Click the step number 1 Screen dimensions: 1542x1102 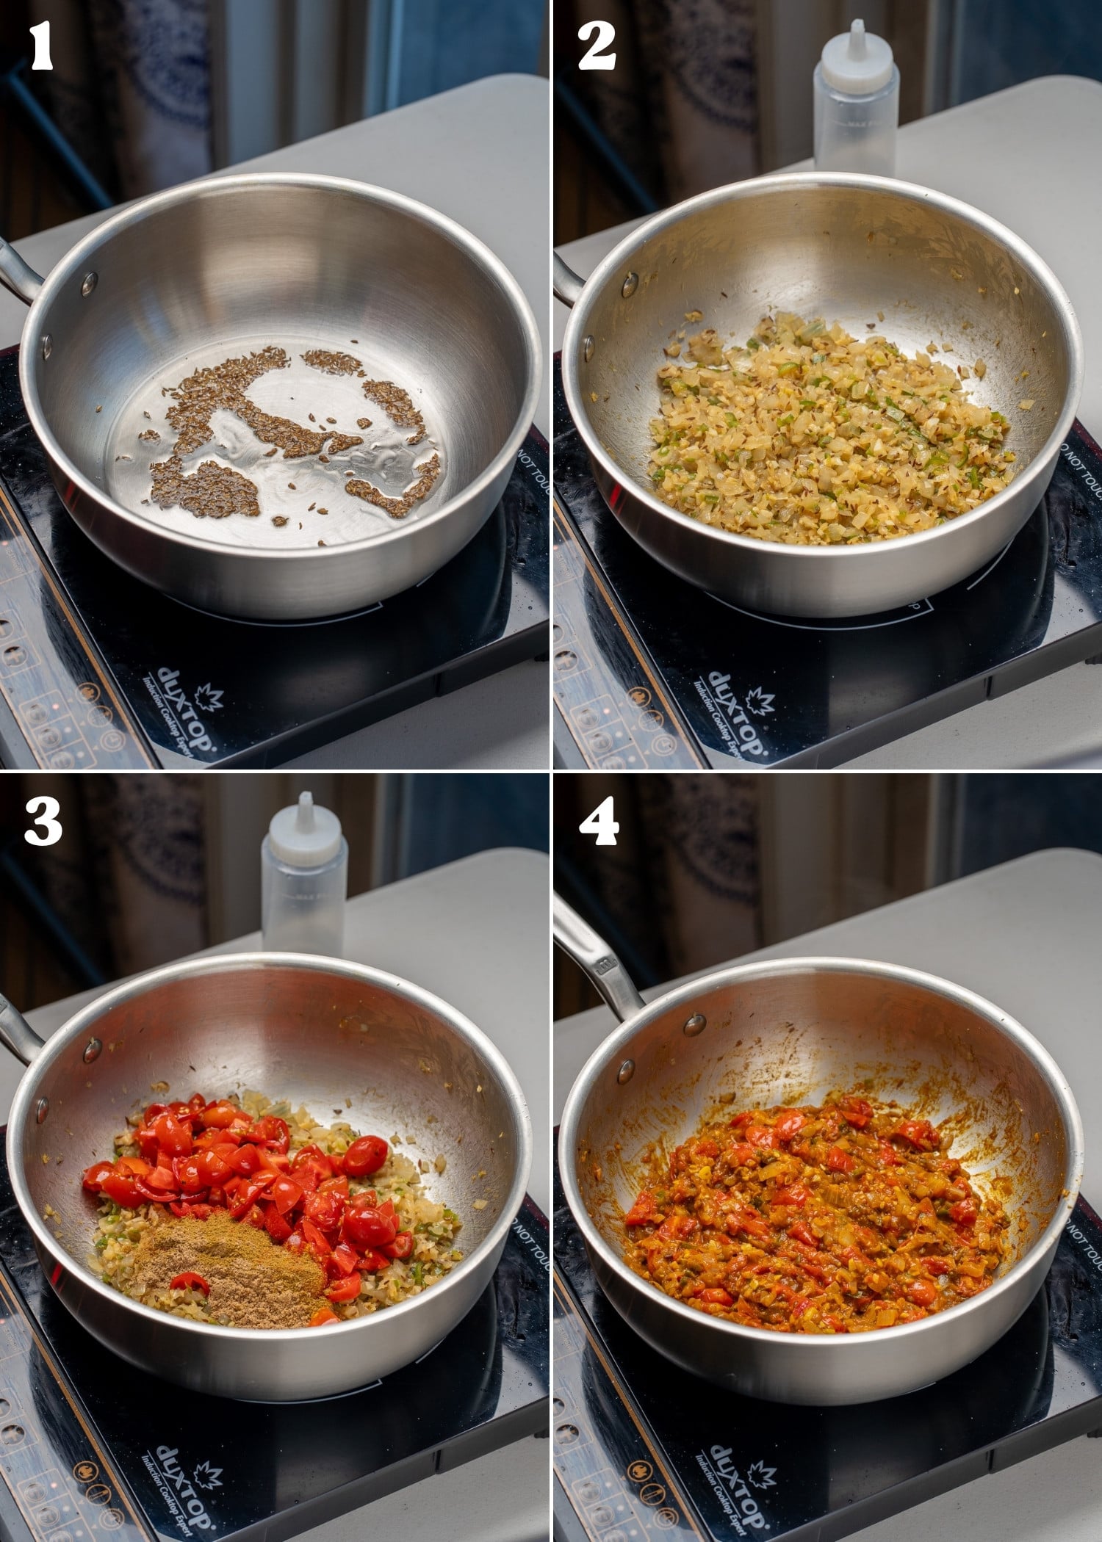[41, 46]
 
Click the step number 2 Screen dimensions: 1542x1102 [596, 46]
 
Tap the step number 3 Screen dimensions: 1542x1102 [43, 820]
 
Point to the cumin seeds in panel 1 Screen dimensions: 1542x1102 [294, 433]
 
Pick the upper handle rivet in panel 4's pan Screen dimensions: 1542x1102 [691, 1023]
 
